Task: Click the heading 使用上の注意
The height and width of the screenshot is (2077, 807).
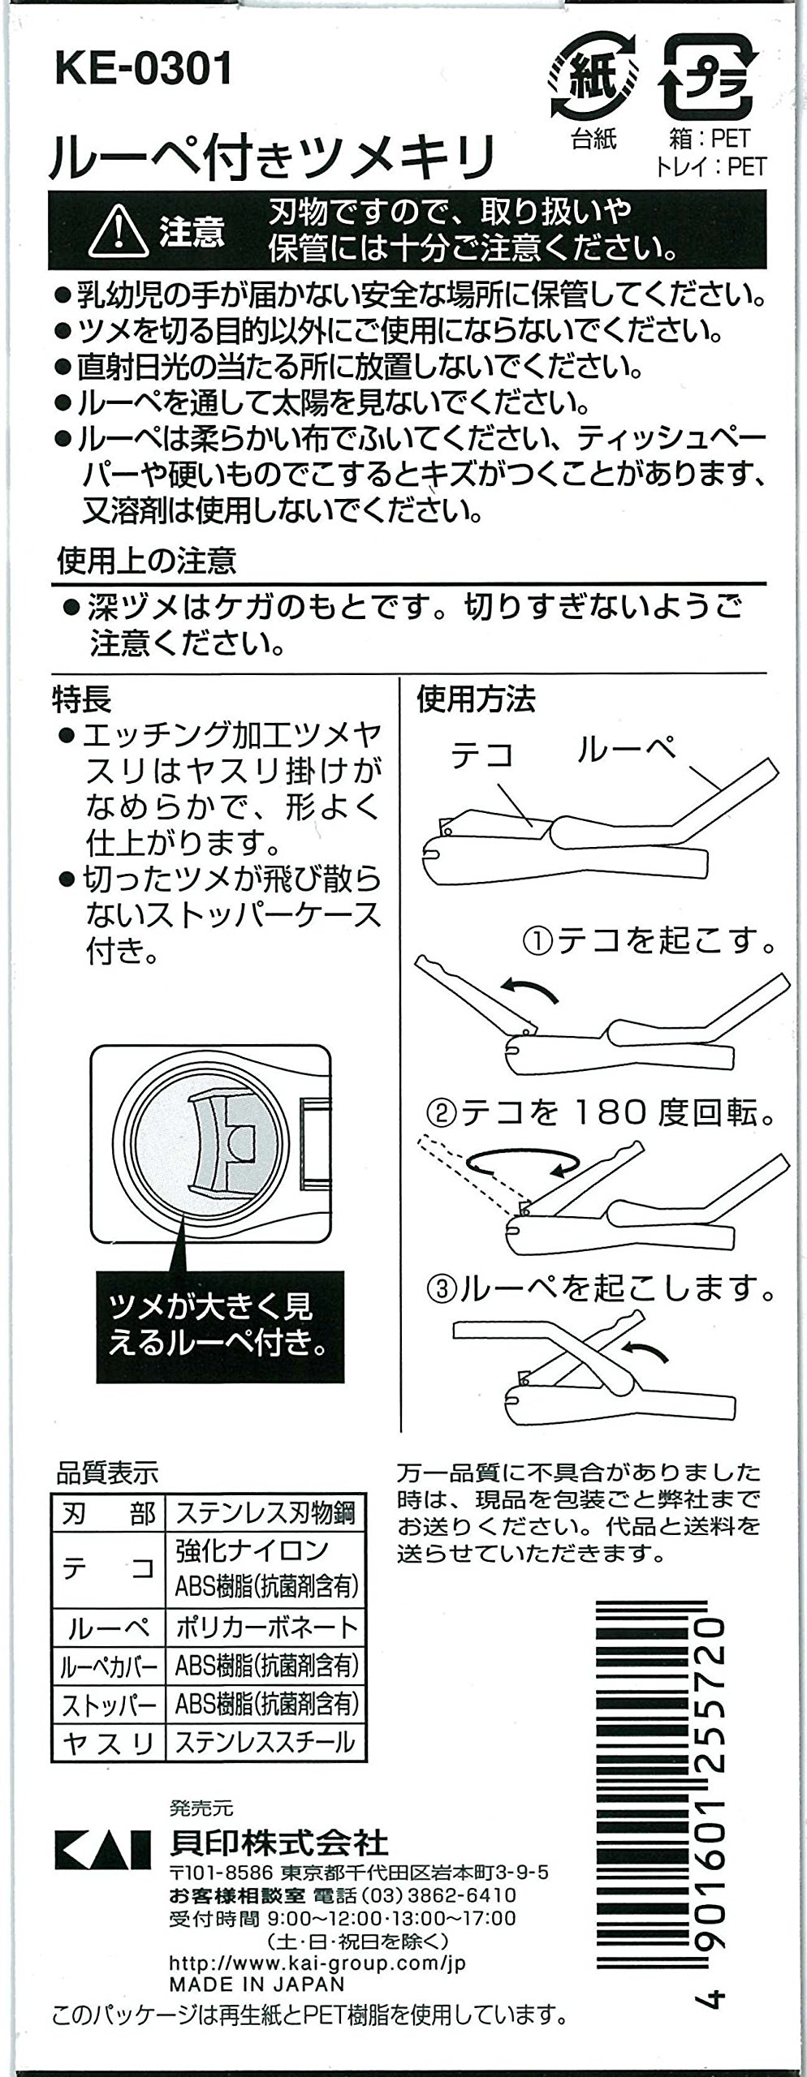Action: pyautogui.click(x=145, y=560)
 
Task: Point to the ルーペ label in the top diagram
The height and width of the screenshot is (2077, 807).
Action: pyautogui.click(x=625, y=750)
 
